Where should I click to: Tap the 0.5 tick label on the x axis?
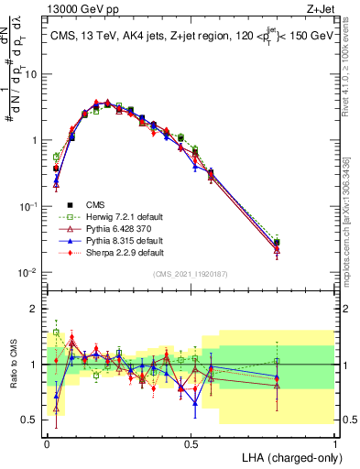pyautogui.click(x=191, y=442)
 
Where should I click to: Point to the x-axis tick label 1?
pyautogui.click(x=335, y=442)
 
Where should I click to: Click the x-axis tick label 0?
pyautogui.click(x=47, y=442)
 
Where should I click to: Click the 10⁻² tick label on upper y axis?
pyautogui.click(x=31, y=272)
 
